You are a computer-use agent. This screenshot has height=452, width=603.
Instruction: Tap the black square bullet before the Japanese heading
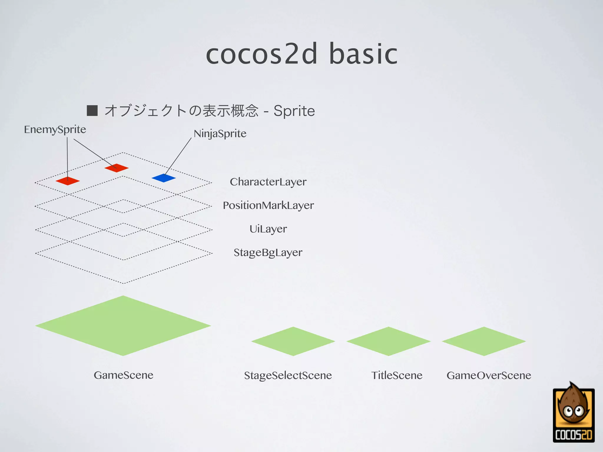click(92, 111)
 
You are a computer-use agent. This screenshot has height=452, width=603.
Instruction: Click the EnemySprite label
click(55, 129)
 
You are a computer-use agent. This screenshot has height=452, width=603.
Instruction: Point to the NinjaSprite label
click(220, 134)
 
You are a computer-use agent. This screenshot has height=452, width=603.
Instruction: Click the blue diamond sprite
click(164, 178)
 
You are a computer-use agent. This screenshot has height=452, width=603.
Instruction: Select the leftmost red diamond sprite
click(68, 181)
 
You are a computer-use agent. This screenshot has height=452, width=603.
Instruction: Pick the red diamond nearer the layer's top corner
click(117, 168)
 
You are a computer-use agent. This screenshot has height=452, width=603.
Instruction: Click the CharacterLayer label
click(268, 182)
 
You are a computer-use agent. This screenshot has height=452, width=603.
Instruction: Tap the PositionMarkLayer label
click(268, 205)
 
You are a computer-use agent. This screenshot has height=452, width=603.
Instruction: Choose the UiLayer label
click(268, 229)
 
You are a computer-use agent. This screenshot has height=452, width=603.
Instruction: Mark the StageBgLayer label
click(268, 252)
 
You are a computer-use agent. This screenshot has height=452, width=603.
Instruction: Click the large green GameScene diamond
click(123, 325)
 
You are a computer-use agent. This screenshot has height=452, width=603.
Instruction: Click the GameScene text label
click(123, 375)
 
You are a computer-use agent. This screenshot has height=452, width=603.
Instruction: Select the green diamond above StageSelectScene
click(293, 341)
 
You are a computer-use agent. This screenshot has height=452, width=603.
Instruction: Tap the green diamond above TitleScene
click(388, 341)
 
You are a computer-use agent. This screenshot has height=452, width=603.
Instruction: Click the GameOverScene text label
click(489, 375)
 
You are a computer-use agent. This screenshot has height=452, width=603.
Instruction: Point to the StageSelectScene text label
click(288, 375)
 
